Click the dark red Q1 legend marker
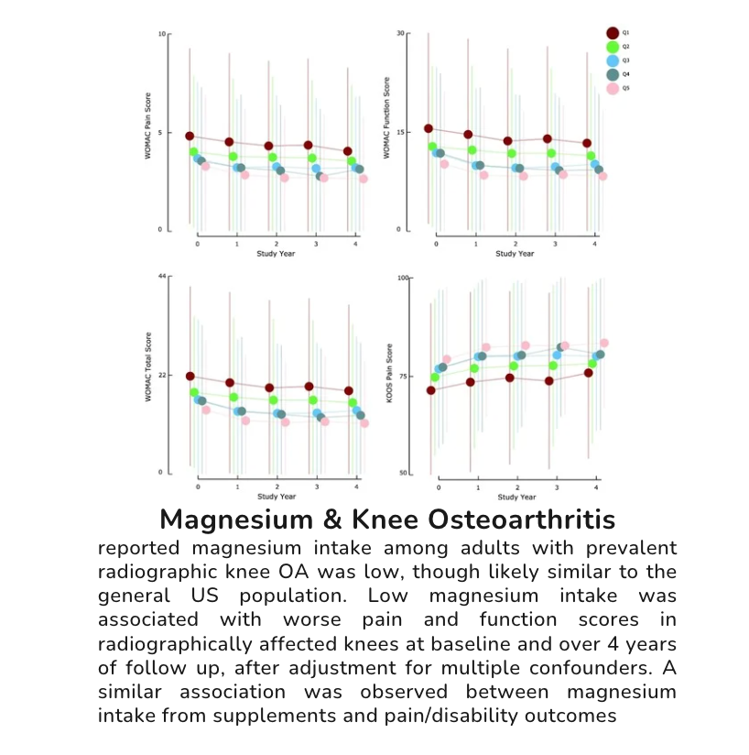[613, 33]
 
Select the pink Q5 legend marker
[613, 89]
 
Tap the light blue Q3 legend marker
[613, 60]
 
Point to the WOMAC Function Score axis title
[387, 131]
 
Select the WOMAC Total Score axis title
[147, 375]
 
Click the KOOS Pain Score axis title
[388, 375]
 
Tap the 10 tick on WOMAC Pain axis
[162, 35]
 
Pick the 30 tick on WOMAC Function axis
[400, 34]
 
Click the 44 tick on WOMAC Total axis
[162, 277]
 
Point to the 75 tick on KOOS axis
[403, 376]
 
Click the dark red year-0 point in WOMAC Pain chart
[190, 137]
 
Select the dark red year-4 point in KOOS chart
[589, 373]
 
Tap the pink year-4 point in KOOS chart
[604, 344]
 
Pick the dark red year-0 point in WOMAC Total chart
[190, 376]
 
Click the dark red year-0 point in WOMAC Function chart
[429, 129]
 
